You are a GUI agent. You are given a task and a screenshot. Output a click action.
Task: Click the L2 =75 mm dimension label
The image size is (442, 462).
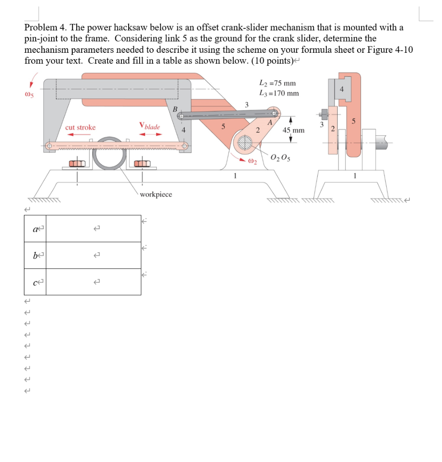click(277, 83)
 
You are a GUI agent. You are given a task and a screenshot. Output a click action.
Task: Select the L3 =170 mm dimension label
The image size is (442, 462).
click(279, 93)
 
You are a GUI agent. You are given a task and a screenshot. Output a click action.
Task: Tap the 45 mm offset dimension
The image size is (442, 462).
click(293, 130)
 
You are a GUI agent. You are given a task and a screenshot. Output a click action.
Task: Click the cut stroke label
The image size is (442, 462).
click(80, 128)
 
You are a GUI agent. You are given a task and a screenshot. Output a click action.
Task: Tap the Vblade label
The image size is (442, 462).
click(150, 126)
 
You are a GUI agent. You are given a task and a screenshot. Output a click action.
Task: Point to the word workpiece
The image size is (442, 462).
click(156, 194)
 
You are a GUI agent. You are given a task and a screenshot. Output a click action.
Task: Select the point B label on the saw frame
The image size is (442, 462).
click(175, 109)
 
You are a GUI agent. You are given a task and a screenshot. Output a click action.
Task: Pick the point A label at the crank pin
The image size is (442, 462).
click(270, 122)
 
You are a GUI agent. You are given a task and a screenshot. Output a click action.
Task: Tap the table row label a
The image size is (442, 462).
click(35, 229)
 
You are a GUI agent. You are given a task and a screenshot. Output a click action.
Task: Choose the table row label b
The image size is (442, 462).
click(35, 255)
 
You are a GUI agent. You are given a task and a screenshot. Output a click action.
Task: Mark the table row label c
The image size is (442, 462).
click(35, 282)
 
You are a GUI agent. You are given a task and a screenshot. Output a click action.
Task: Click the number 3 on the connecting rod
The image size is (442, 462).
click(247, 105)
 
